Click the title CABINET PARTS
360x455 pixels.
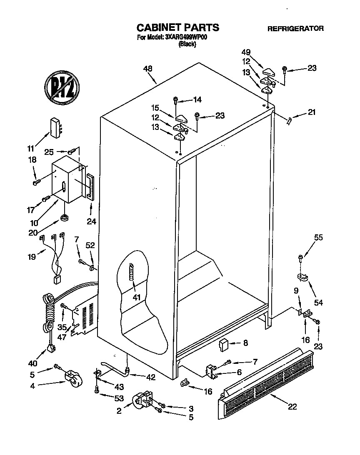click(x=178, y=28)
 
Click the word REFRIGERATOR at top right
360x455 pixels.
click(x=295, y=29)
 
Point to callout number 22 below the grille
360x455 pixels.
click(x=292, y=407)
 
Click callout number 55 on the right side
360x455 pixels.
click(x=318, y=238)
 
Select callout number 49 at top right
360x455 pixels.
click(x=247, y=52)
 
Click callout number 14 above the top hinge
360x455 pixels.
click(x=197, y=99)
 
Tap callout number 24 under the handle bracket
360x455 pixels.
click(x=91, y=222)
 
